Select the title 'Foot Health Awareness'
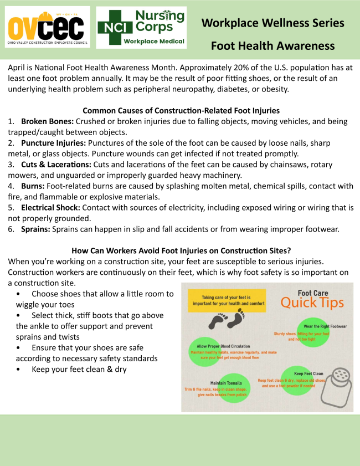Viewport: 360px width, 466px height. click(272, 45)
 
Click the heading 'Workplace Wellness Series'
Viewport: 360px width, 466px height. click(272, 23)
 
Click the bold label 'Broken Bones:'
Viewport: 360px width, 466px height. click(47, 121)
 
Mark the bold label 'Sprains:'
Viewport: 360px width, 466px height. click(36, 229)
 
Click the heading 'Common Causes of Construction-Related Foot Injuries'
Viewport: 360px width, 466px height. click(181, 110)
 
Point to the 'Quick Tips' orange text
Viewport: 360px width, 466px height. click(312, 303)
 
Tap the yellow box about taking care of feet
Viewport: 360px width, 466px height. click(227, 300)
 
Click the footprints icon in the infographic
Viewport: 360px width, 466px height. click(227, 320)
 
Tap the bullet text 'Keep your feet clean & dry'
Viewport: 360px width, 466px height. click(79, 369)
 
